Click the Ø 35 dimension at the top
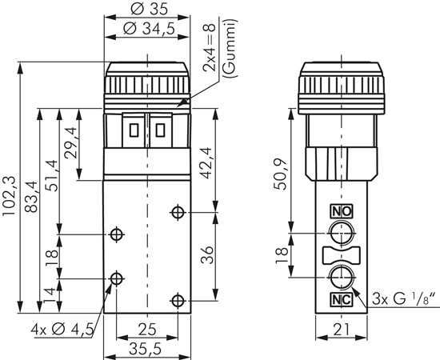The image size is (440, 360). click(149, 9)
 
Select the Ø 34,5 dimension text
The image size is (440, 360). click(149, 28)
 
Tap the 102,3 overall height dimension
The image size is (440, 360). click(9, 196)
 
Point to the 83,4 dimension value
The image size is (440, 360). click(31, 197)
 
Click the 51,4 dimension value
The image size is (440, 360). click(51, 176)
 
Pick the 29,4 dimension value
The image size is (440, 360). click(70, 143)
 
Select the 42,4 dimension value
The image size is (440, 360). click(208, 163)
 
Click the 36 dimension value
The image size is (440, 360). click(207, 255)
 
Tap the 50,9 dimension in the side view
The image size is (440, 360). click(281, 174)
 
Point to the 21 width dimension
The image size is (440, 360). click(342, 330)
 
